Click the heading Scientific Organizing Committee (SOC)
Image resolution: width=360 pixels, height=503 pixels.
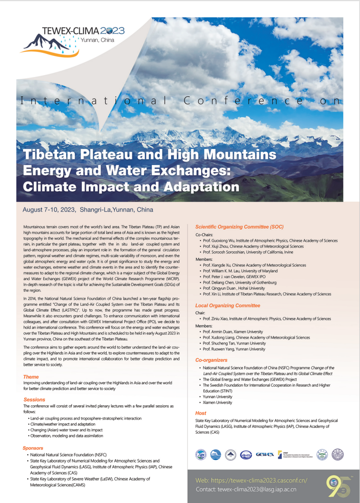coord(239,227)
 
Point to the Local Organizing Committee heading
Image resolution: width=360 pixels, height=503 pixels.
coord(228,305)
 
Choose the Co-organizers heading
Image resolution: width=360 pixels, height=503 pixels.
coord(211,360)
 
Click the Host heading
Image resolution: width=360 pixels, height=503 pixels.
coord(201,413)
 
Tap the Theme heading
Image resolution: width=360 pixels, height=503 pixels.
coord(31,377)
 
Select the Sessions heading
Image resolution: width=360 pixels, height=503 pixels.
coord(34,399)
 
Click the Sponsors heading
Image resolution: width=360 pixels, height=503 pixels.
coord(33,448)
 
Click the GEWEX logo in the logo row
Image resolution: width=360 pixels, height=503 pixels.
coord(264,454)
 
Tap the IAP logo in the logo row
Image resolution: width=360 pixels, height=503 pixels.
coord(201,454)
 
